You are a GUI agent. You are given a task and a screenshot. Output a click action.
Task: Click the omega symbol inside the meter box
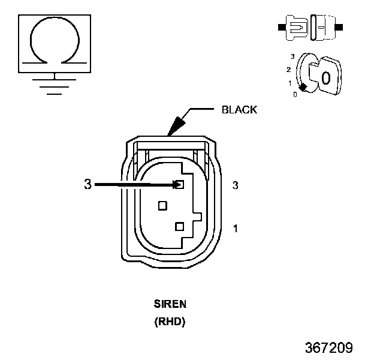pyautogui.click(x=55, y=17)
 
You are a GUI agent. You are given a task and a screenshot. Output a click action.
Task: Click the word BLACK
pyautogui.click(x=239, y=110)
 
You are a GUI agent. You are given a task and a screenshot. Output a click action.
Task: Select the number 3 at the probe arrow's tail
pyautogui.click(x=88, y=184)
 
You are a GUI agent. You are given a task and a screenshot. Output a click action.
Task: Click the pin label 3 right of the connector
pyautogui.click(x=235, y=185)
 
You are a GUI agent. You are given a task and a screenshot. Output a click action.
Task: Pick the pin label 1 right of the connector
pyautogui.click(x=235, y=229)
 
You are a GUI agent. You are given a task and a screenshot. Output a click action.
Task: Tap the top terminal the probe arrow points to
pyautogui.click(x=180, y=184)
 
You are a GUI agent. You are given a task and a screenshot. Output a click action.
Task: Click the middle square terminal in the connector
pyautogui.click(x=162, y=206)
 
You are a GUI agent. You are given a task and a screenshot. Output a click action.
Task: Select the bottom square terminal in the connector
pyautogui.click(x=179, y=226)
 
